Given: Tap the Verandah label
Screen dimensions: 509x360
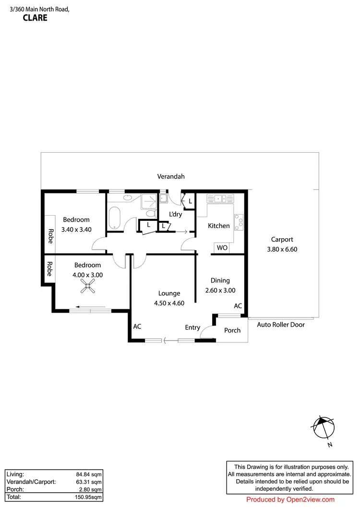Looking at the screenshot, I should pos(171,177).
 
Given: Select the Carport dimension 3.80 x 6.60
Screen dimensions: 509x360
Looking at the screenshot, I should pos(282,249).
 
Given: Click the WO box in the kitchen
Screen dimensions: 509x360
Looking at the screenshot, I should pos(222,248).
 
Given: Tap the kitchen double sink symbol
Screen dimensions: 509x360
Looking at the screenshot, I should pos(219,197).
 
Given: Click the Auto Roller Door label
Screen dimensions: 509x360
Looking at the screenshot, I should pos(281,325).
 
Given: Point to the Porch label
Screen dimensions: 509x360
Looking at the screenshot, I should pos(232,330).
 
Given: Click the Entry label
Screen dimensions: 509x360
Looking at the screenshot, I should pos(192,327).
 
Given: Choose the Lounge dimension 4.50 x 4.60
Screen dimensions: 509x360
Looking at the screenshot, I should pos(168,303).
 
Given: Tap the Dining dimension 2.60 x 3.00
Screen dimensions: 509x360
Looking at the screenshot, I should pos(220,290).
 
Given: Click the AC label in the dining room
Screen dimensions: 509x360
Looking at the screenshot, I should pos(238,306).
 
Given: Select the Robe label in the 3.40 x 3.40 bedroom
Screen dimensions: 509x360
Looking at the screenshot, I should pos(50,235).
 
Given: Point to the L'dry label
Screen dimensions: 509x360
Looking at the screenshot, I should pos(176,214).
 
